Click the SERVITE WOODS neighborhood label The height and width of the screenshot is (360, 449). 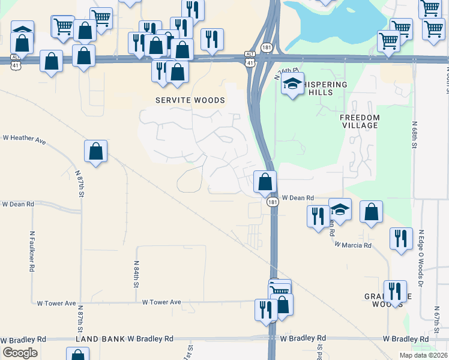[x=190, y=100]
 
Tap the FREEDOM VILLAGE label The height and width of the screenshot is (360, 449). [x=359, y=121]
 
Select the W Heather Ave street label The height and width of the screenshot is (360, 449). [x=24, y=139]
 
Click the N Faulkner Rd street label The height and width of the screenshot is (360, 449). [x=32, y=252]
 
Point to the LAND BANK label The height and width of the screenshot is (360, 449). [x=100, y=339]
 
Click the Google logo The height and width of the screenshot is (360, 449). [x=20, y=353]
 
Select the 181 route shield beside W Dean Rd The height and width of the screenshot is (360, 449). [x=273, y=202]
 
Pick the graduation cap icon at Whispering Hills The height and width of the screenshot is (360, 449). [x=292, y=84]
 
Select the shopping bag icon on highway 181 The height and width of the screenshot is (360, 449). [x=265, y=181]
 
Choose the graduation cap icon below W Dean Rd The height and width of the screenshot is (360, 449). [x=340, y=210]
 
